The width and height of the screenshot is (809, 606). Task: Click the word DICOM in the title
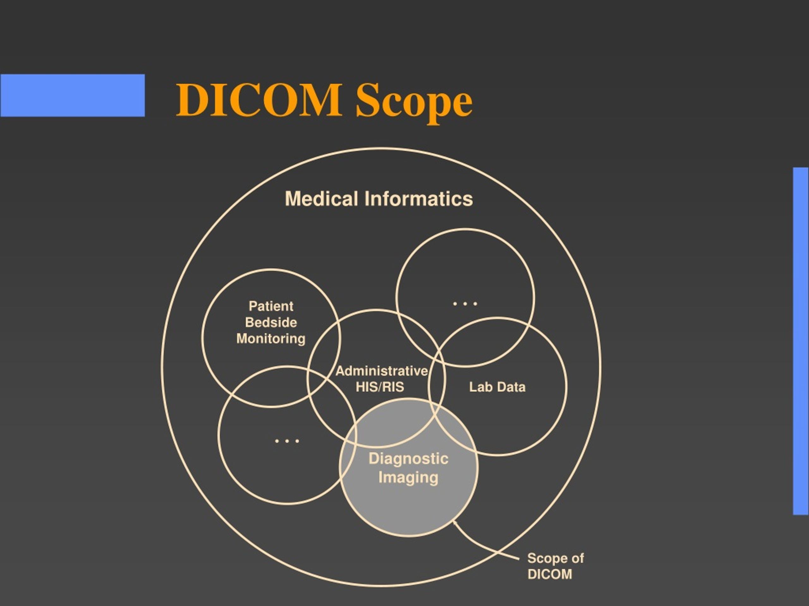tap(259, 100)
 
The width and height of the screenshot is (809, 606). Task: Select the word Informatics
tap(418, 199)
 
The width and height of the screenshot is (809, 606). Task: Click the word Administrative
tap(382, 371)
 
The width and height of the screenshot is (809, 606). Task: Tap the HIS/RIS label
tap(380, 387)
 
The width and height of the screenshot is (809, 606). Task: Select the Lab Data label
tap(497, 387)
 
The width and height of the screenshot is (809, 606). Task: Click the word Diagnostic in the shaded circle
tap(409, 459)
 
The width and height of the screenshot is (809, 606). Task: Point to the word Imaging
tap(409, 478)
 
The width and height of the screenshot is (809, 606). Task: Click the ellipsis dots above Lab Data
tap(465, 304)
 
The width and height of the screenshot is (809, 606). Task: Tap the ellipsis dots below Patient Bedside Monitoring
tap(287, 441)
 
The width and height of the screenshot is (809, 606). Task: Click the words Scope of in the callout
tap(556, 558)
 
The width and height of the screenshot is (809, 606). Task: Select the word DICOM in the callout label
tap(550, 574)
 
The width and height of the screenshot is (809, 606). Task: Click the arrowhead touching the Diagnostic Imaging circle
tap(455, 523)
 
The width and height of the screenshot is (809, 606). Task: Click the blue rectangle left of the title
tap(72, 95)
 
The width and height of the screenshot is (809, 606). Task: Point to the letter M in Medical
tap(292, 199)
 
